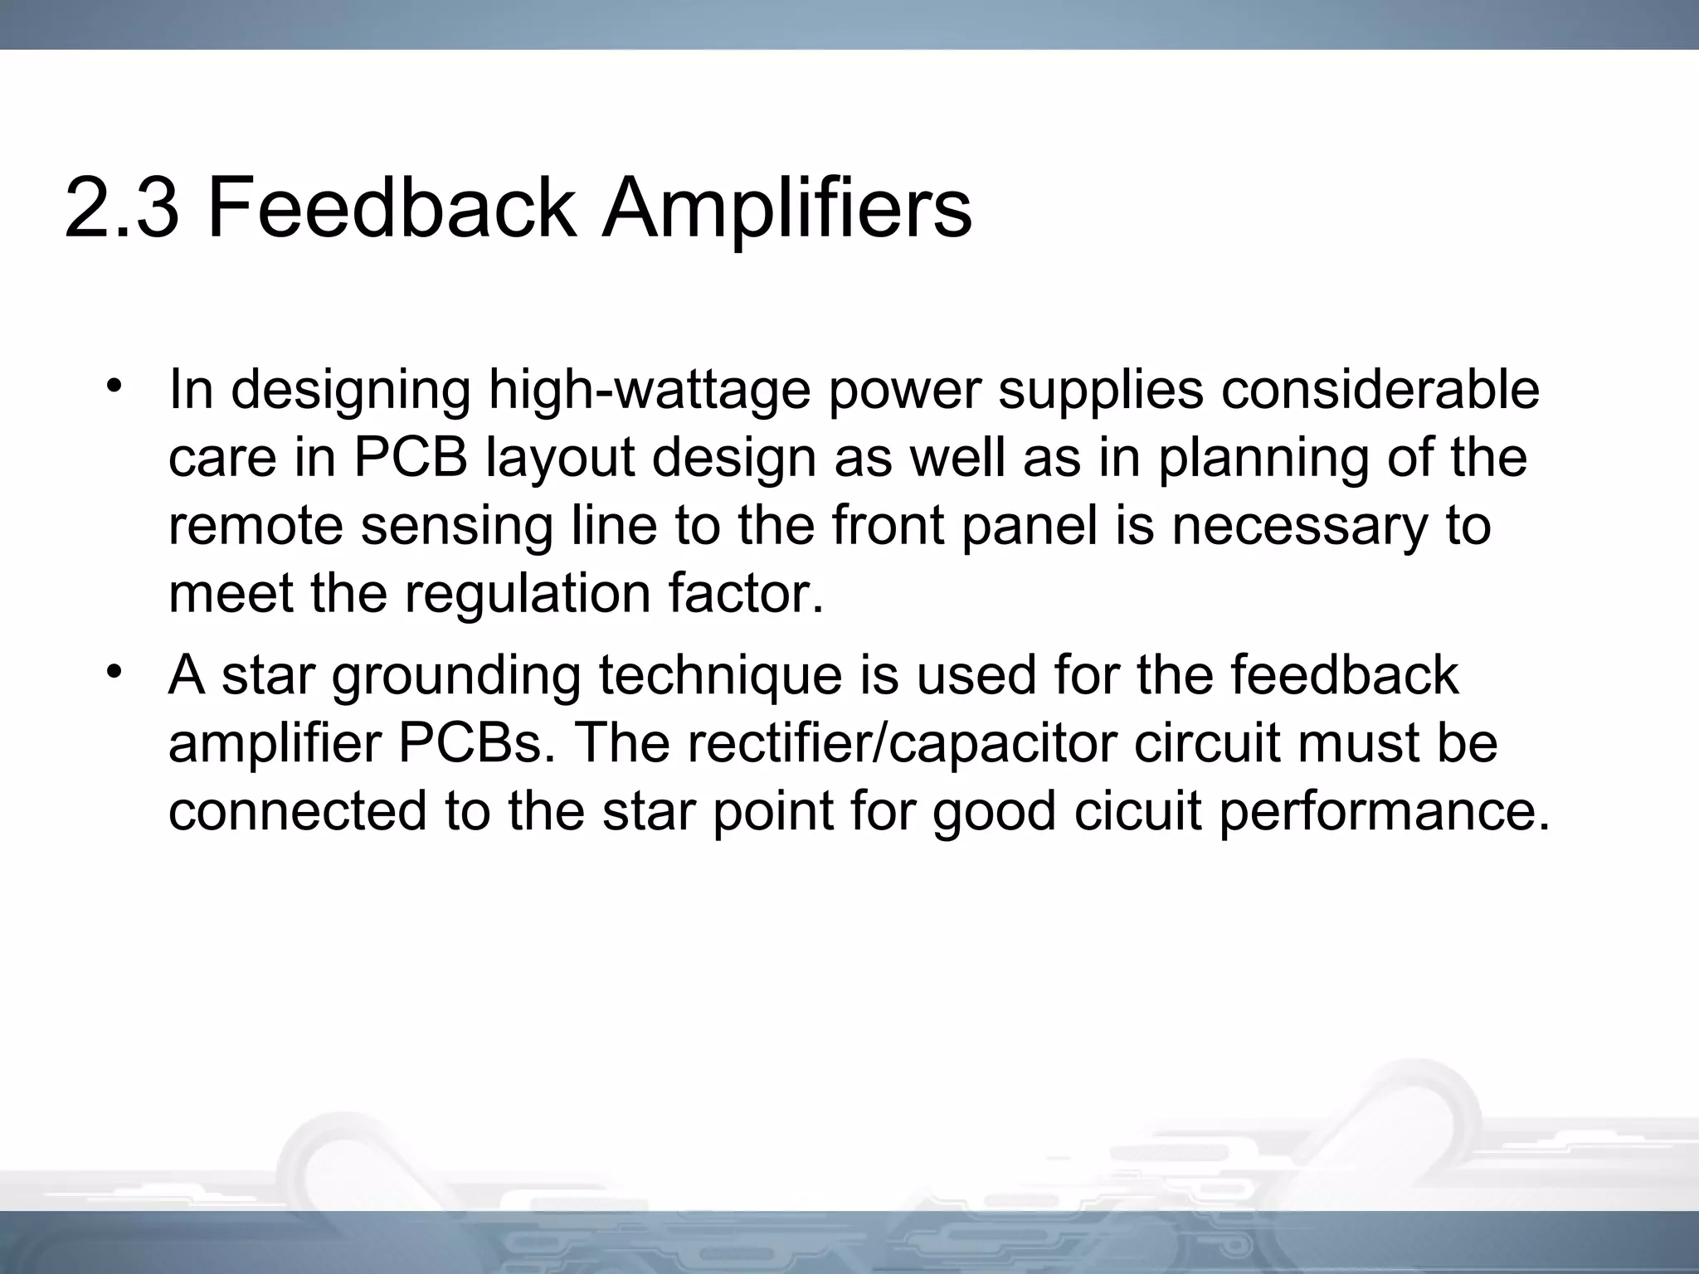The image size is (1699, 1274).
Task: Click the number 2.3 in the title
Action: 121,207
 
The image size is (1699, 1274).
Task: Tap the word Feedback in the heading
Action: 391,207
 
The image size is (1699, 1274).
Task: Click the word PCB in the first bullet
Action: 411,458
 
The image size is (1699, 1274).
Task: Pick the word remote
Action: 255,527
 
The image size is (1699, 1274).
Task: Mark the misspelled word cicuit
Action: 1136,811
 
